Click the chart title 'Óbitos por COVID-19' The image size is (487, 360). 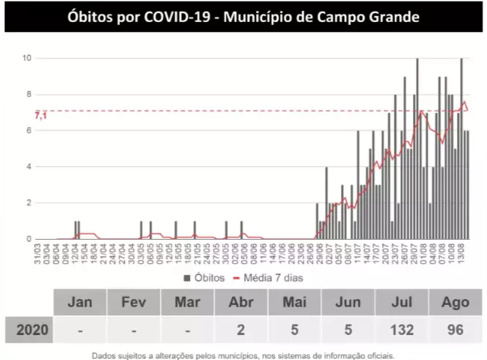pos(243,15)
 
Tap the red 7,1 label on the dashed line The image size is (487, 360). pos(41,116)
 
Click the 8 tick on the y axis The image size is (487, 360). pos(28,94)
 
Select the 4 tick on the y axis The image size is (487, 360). pos(28,166)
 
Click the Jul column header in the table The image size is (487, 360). pos(401,301)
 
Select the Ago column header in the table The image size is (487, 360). pos(455,301)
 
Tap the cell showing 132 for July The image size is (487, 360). pos(401,330)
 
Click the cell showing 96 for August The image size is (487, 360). pos(455,330)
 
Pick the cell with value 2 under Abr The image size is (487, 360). pos(241,330)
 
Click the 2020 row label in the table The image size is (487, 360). pos(29,330)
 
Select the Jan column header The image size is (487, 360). pos(79,301)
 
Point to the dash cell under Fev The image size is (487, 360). pos(133,330)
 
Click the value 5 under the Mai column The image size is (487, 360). pos(294,330)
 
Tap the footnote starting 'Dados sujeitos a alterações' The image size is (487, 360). pos(243,355)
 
